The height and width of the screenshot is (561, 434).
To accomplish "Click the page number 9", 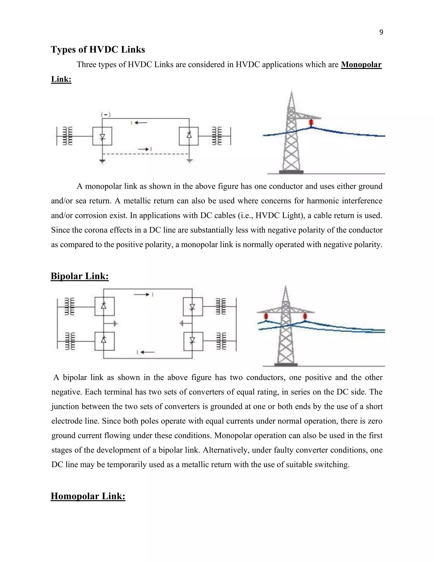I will (381, 32).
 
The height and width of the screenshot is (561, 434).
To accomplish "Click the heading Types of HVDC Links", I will (98, 49).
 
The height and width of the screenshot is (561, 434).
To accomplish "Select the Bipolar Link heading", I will (80, 276).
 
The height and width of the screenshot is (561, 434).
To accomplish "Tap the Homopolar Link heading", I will (88, 496).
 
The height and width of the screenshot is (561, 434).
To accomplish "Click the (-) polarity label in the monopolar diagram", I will (106, 115).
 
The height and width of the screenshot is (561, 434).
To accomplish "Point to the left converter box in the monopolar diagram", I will (102, 136).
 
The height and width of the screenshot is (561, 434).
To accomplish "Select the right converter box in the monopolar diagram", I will (189, 136).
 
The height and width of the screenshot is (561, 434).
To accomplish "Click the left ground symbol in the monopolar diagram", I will (102, 162).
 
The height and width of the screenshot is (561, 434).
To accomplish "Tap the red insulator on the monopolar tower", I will (311, 123).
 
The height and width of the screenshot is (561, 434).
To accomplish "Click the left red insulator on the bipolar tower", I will (266, 316).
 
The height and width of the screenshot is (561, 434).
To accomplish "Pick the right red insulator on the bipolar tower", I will (305, 316).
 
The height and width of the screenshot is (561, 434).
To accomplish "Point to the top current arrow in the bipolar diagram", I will (142, 295).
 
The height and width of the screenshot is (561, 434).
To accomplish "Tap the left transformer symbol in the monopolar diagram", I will (68, 136).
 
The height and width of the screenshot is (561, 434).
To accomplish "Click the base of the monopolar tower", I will (291, 172).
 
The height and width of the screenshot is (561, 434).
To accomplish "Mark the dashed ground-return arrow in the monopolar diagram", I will (144, 149).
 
